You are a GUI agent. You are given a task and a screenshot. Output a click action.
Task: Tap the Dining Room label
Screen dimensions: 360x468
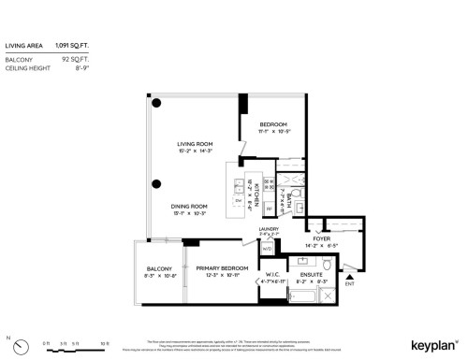[189, 205]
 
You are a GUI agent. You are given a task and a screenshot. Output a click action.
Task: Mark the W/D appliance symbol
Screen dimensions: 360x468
[267, 249]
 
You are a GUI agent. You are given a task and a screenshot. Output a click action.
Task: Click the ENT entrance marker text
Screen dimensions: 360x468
[350, 283]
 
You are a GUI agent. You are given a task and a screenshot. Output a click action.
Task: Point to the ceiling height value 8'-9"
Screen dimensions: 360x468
[81, 65]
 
